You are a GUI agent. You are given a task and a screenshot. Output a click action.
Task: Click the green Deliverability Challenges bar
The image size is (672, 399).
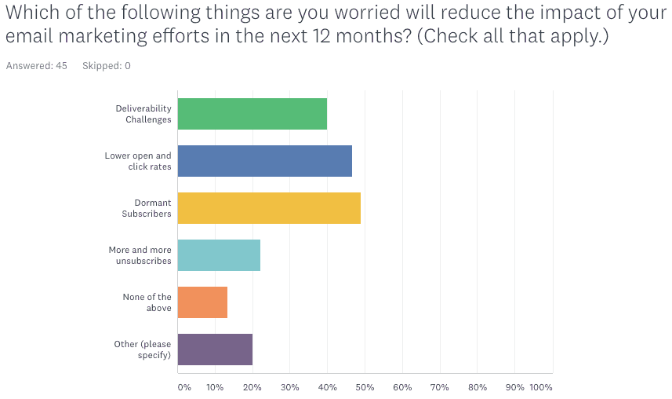pos(252,114)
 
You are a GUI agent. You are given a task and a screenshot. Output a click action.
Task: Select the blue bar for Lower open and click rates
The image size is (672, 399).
pos(265,161)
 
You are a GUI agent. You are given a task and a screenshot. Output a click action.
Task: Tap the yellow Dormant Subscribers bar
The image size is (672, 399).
pos(269,208)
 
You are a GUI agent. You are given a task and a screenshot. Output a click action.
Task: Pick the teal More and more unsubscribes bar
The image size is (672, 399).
pos(219,255)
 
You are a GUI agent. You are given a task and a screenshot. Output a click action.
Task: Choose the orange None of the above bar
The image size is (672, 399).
pos(202,302)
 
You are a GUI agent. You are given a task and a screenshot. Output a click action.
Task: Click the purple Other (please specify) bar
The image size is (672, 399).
pos(215,350)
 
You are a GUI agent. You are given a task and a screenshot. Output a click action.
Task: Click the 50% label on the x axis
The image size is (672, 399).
pos(365,387)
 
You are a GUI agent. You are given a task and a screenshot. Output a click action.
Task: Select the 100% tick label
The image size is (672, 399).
pos(541,387)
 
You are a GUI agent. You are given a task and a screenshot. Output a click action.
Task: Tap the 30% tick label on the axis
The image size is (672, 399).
pos(289,387)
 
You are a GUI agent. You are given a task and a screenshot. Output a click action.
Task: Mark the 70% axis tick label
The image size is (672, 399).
pos(440,387)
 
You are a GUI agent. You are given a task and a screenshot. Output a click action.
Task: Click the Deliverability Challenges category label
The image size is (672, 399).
pos(143,114)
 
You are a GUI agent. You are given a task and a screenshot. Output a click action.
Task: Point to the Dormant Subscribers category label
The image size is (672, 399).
pos(147,208)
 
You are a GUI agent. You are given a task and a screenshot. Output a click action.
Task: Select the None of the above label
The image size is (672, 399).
pos(147,302)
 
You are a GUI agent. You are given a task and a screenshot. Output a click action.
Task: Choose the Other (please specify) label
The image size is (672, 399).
pos(143,350)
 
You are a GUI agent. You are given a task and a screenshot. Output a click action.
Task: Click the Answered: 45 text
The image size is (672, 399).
pos(36,66)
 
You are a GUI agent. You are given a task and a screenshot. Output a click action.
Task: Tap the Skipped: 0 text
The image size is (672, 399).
pos(107,66)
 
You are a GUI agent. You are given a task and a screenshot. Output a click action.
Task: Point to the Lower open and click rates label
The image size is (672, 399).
pos(138,161)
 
